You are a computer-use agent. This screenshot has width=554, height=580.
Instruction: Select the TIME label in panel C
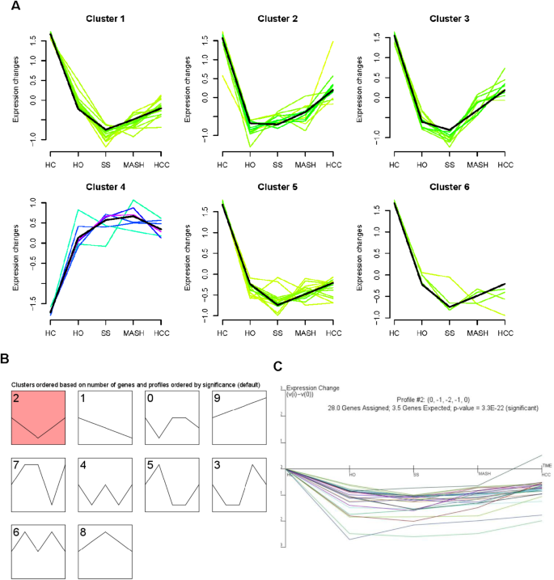point(547,466)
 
